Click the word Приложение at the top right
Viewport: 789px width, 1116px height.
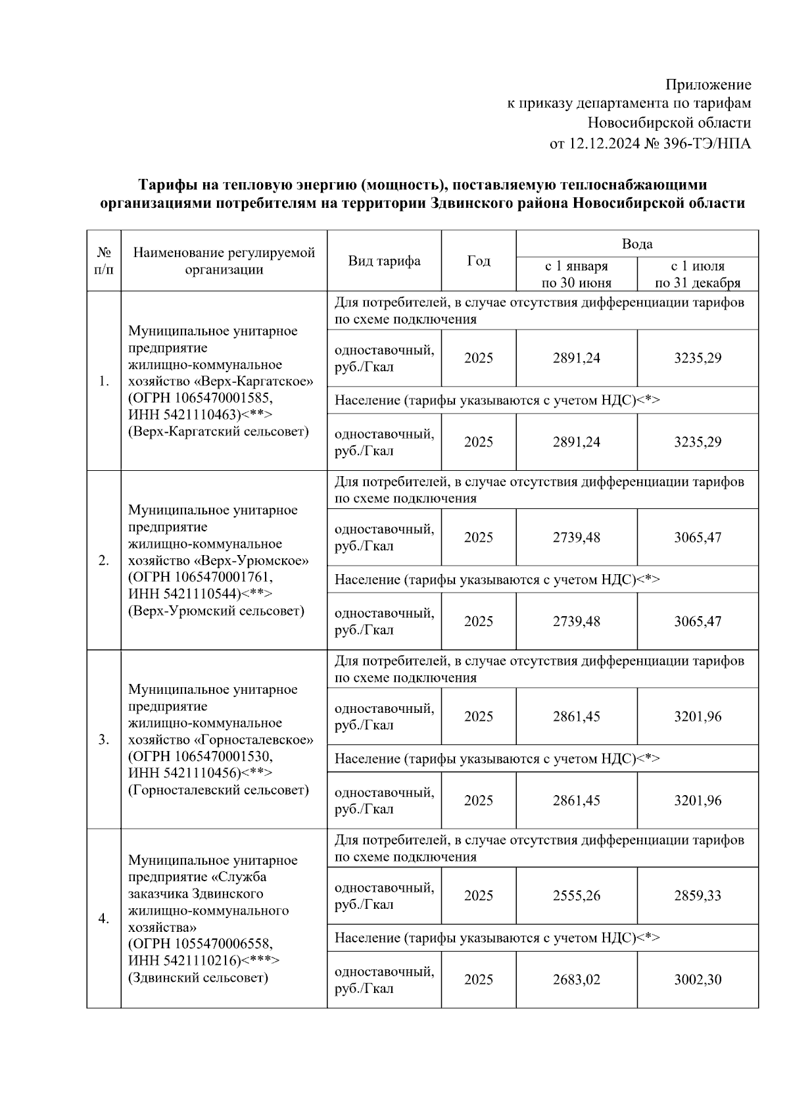coord(708,85)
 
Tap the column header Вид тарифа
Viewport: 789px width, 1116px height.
coord(384,261)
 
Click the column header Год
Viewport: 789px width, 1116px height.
coord(478,261)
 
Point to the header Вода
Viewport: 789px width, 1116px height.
coord(636,244)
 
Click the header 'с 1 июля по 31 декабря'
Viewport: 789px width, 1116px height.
coord(697,274)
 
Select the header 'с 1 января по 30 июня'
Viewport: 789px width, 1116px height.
coord(576,274)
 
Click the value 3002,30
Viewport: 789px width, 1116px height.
coord(697,980)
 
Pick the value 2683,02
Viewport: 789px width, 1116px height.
coord(576,980)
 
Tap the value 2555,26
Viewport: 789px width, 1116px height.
coord(576,896)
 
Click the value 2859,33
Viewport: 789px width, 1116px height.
coord(697,896)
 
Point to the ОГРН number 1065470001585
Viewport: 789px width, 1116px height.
coord(223,399)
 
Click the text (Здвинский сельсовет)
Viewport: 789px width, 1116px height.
coord(198,978)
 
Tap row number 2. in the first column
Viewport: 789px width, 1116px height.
coord(104,560)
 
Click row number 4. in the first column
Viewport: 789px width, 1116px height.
coord(104,919)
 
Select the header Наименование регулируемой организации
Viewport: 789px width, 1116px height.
coord(224,261)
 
